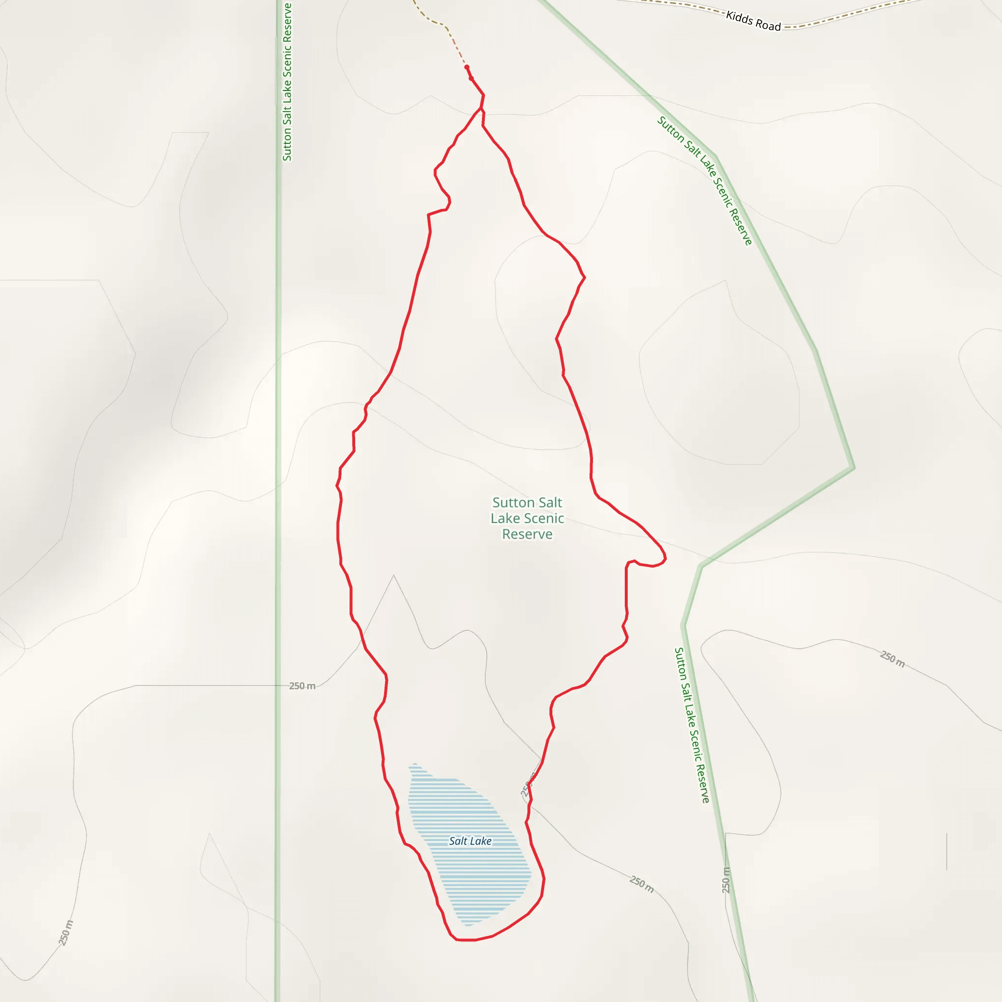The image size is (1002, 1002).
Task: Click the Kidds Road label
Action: tap(753, 21)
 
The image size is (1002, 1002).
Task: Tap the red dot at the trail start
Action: tap(467, 67)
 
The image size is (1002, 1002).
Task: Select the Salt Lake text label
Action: tap(470, 841)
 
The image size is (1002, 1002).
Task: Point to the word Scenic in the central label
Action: tap(543, 518)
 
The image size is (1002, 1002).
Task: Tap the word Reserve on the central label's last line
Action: tap(527, 534)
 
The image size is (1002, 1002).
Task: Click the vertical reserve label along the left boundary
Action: tap(287, 82)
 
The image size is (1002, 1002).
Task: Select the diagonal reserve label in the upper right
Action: tap(705, 181)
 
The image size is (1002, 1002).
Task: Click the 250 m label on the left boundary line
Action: tap(302, 685)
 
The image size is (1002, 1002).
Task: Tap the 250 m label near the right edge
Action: tap(892, 659)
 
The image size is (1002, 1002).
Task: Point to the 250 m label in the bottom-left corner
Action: tap(66, 933)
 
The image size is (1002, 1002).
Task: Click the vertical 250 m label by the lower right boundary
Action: tap(726, 880)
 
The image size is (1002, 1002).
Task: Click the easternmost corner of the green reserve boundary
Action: tap(854, 468)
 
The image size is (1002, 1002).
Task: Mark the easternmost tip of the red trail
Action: tap(665, 559)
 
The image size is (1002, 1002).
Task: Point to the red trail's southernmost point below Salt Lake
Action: tap(465, 940)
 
